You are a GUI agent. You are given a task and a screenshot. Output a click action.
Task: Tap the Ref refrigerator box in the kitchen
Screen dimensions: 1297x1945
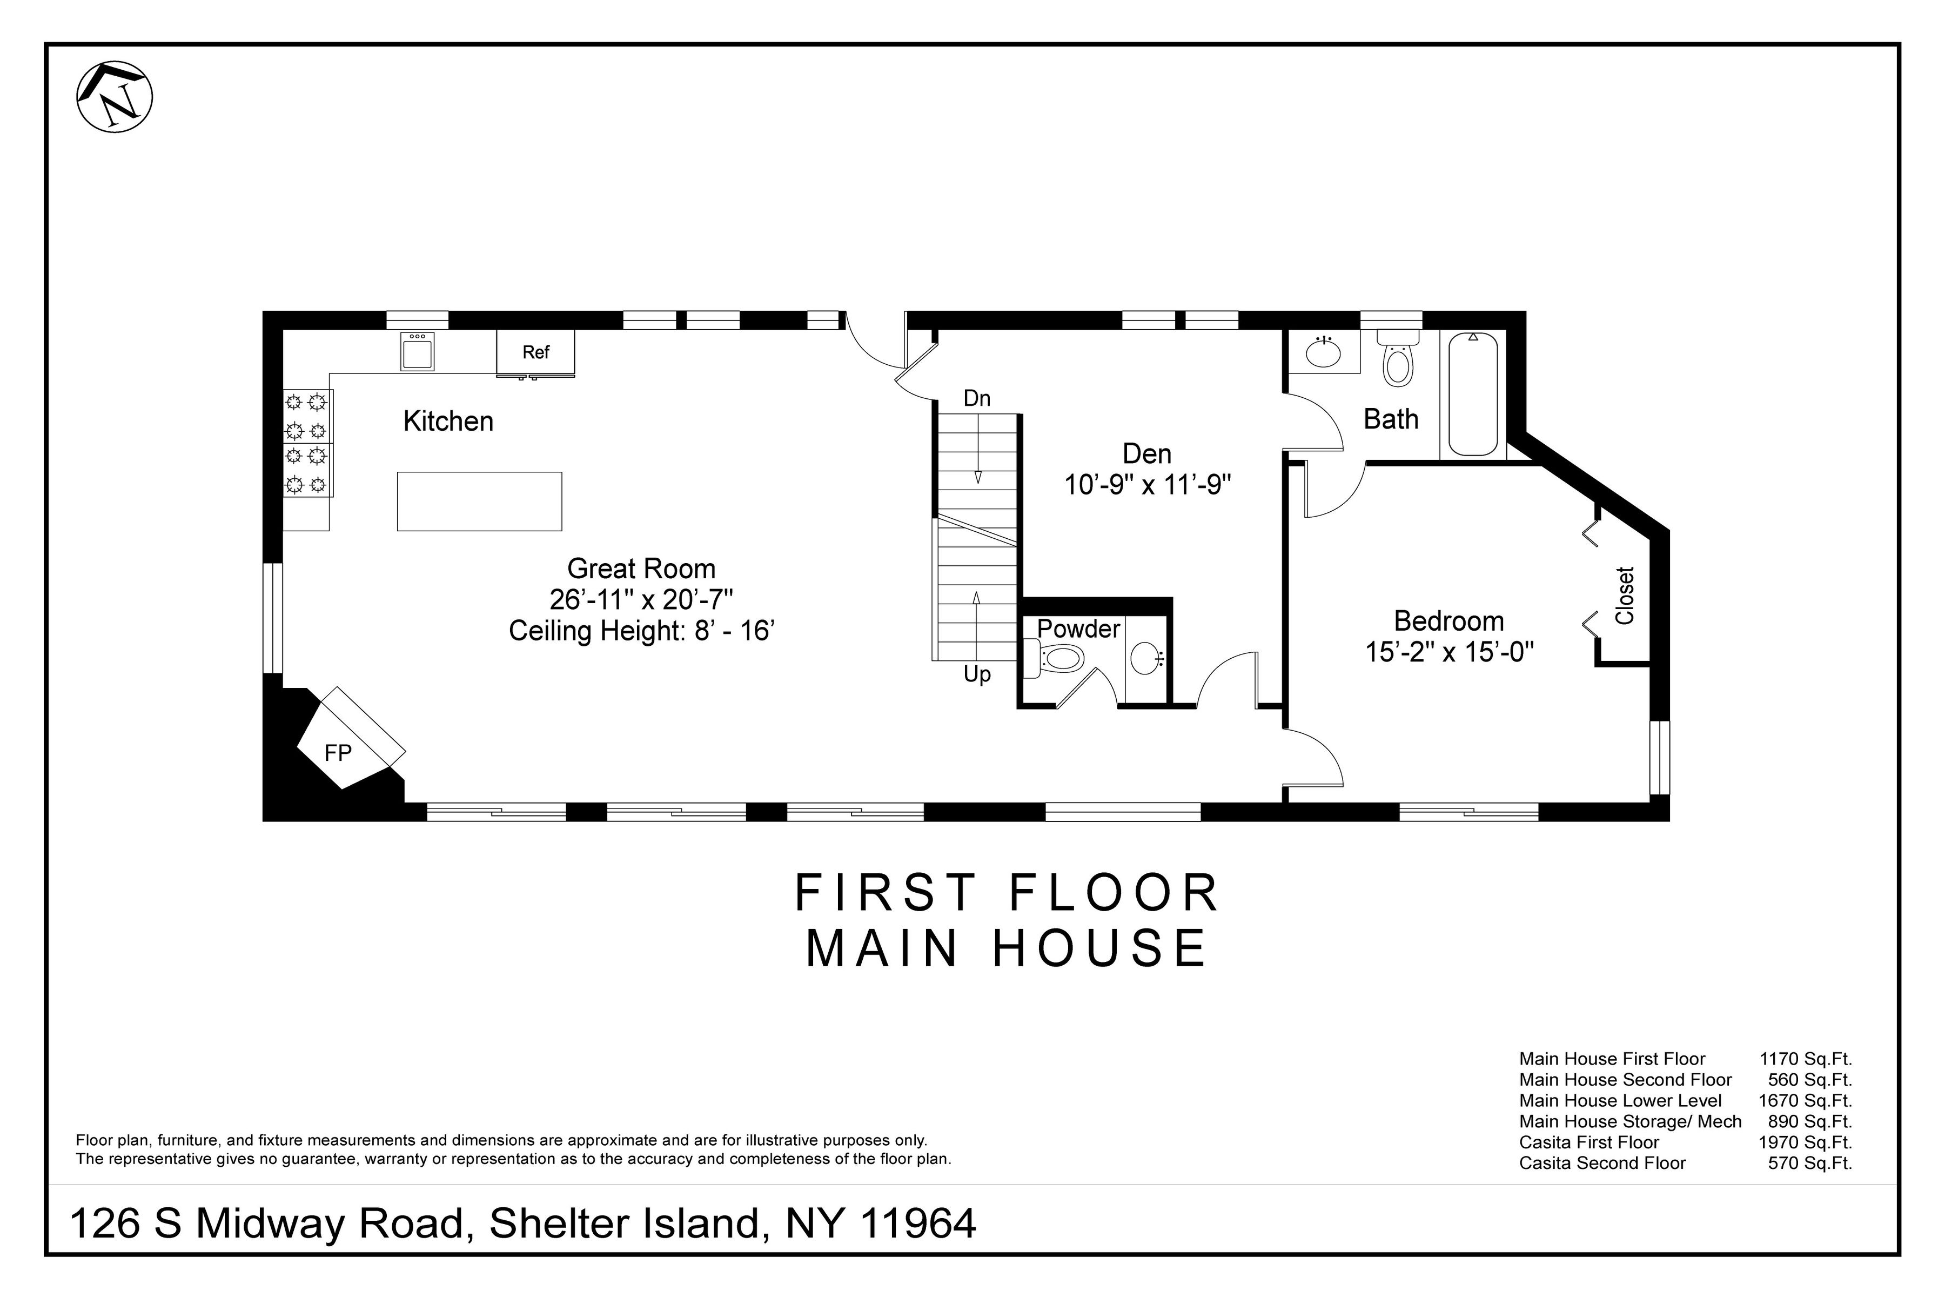pos(535,352)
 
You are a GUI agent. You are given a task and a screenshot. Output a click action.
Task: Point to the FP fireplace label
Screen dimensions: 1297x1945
pos(337,753)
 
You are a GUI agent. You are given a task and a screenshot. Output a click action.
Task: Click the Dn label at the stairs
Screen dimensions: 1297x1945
pos(977,399)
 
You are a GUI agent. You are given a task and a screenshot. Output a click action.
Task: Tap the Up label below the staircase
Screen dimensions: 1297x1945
pos(977,675)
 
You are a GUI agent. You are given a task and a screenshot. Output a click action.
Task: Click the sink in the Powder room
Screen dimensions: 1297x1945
pos(1146,658)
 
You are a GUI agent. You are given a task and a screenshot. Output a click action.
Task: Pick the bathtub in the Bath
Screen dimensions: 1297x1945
pos(1473,395)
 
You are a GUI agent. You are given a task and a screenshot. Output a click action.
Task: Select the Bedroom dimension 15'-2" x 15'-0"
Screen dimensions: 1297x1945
pos(1449,653)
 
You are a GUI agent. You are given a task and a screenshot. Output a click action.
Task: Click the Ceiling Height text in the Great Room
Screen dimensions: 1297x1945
pos(641,631)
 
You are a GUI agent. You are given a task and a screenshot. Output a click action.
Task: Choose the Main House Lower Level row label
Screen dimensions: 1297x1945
pos(1620,1101)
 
